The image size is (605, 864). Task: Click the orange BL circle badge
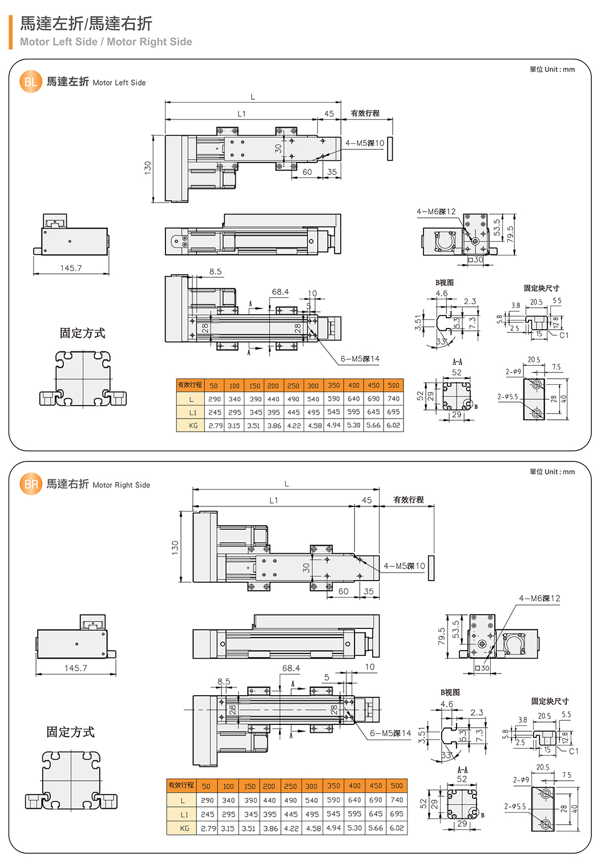coord(31,82)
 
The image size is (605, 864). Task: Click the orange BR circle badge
coord(31,484)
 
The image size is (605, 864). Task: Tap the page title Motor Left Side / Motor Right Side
coord(106,42)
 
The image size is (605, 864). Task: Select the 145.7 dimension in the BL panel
coord(71,268)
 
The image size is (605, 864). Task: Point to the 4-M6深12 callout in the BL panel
coord(436,212)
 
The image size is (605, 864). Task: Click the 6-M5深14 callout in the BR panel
coord(390,733)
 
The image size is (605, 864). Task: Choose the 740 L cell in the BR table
coord(397,800)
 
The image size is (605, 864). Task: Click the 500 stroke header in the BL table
coord(394,386)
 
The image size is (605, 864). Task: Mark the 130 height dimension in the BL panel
coord(148,168)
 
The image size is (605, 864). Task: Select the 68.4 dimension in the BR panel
coord(291,668)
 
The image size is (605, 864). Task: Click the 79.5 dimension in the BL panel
coord(510,233)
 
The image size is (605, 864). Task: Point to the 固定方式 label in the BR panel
coord(70,732)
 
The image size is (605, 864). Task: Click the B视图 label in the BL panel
coord(445,282)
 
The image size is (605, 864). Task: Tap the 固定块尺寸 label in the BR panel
coord(550,701)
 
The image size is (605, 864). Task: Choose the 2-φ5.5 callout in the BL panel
coord(507,396)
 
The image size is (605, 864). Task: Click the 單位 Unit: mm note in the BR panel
coord(552,472)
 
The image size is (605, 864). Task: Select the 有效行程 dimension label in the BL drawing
coord(365,113)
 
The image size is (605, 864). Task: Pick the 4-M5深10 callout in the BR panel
coord(404,566)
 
